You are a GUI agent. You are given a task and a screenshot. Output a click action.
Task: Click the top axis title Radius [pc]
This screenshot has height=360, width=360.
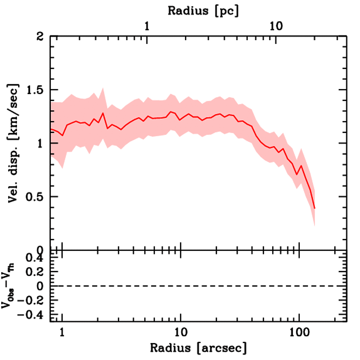(x=203, y=11)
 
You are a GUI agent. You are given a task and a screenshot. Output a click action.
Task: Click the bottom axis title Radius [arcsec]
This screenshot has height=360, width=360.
(x=199, y=348)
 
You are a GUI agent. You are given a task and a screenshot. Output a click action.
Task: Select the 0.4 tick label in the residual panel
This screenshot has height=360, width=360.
(x=35, y=258)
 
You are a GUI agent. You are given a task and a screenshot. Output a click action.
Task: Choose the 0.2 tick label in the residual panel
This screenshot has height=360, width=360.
(x=35, y=272)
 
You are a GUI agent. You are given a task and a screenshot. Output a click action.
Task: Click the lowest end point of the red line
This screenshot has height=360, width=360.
(x=315, y=208)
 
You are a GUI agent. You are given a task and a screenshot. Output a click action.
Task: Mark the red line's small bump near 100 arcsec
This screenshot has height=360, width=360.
(x=301, y=166)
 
